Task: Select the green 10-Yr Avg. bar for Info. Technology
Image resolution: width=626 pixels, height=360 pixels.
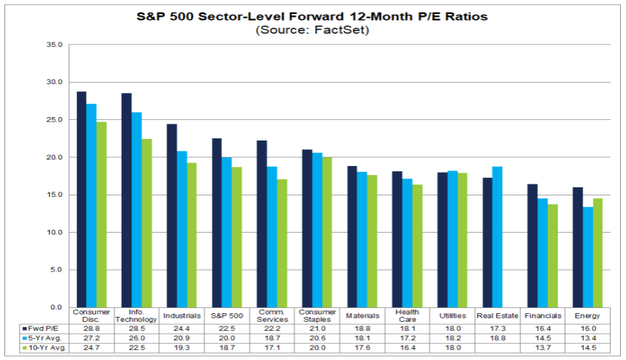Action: click(146, 222)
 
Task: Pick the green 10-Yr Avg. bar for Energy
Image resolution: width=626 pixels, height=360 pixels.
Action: click(597, 252)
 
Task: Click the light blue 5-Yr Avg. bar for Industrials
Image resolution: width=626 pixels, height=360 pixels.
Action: click(181, 229)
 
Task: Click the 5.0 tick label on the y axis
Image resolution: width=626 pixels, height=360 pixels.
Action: click(58, 270)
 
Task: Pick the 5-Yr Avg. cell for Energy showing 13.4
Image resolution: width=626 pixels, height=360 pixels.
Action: click(588, 338)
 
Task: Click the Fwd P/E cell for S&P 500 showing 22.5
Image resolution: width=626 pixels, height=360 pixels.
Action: click(227, 328)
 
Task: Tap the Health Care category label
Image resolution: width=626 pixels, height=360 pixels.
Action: click(407, 315)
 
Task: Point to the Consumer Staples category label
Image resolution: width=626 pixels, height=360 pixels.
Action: click(317, 315)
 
